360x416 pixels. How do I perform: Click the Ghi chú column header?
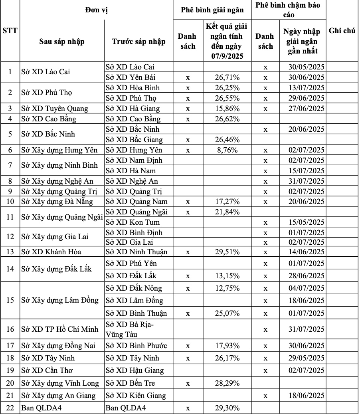[342, 31]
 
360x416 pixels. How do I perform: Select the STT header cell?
[10, 31]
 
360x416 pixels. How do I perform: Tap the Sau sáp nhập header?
[62, 42]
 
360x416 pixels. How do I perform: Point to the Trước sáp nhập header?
[138, 42]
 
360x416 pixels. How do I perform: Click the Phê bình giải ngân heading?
[212, 10]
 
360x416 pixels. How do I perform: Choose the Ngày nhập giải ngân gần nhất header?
[302, 41]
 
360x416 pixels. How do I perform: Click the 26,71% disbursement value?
[227, 77]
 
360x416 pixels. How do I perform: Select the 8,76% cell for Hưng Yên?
[227, 150]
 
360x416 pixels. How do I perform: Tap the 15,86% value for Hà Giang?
[227, 109]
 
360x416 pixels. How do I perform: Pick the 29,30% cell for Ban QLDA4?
[227, 408]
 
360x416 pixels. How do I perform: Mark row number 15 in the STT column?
[10, 300]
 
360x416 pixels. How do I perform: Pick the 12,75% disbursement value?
[227, 288]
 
